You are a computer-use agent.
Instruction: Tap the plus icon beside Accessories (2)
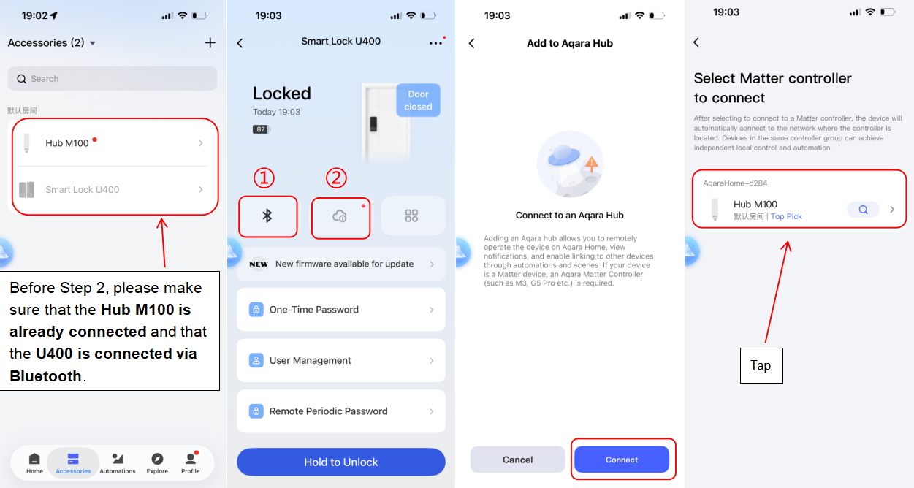(x=210, y=43)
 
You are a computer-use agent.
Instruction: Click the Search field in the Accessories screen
(x=113, y=79)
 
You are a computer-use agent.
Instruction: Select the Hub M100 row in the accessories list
(x=113, y=143)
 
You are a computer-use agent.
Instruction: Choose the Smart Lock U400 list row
(x=113, y=190)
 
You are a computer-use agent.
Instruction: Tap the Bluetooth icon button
(x=267, y=216)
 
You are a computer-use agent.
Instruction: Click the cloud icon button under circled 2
(x=340, y=216)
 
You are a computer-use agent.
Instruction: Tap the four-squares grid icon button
(x=412, y=216)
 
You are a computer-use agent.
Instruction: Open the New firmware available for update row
(x=340, y=264)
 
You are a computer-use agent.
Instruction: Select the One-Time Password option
(x=340, y=310)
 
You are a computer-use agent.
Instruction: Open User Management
(x=340, y=360)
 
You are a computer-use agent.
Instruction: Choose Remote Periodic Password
(x=340, y=411)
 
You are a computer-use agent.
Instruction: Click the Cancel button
(x=517, y=460)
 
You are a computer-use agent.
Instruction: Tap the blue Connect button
(x=622, y=460)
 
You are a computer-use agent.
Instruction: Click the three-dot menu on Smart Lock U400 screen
(x=435, y=43)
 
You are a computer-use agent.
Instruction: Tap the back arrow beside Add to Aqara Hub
(x=472, y=43)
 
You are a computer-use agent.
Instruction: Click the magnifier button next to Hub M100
(x=863, y=210)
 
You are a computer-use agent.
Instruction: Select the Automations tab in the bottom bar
(x=118, y=463)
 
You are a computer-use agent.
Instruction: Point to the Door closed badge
(x=418, y=100)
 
